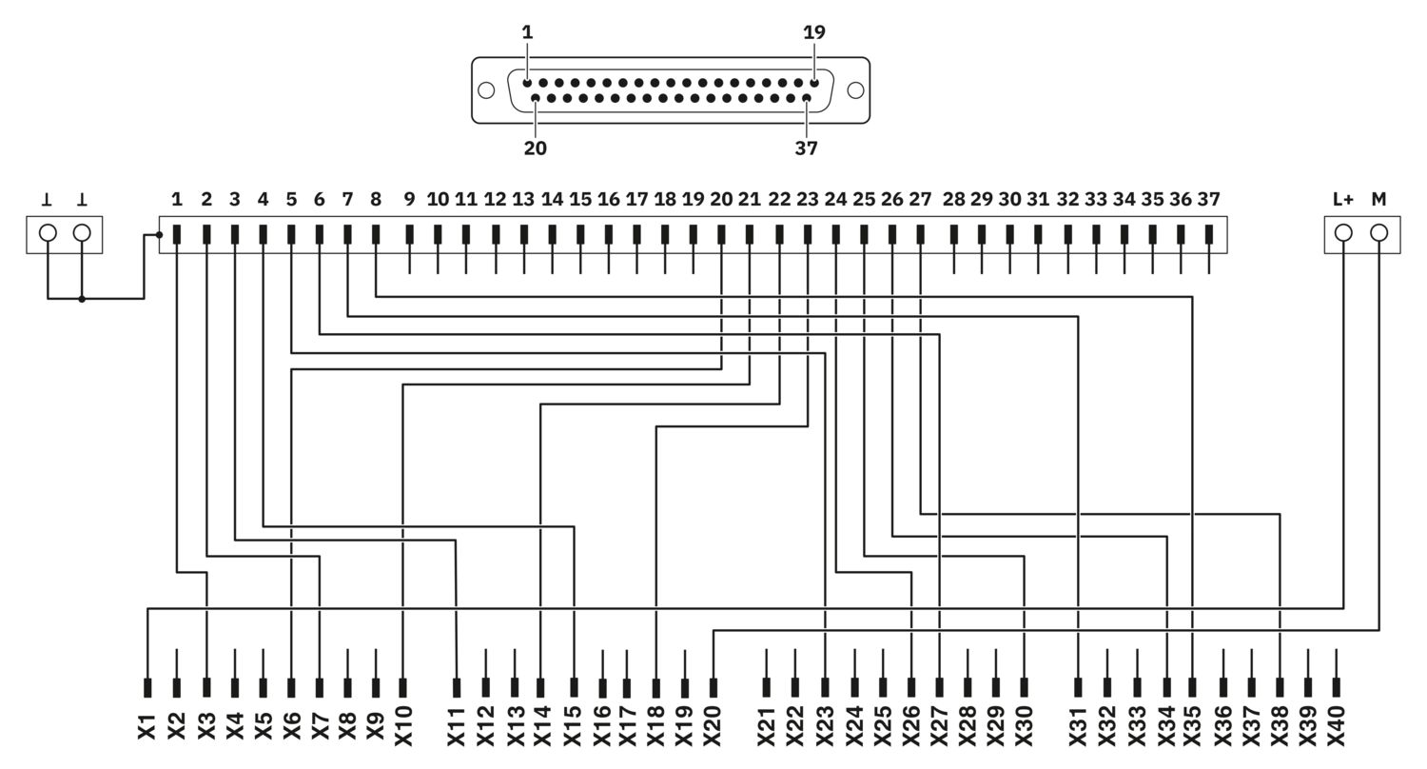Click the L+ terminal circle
1343,233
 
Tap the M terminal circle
1378,233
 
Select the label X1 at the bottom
147,727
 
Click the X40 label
1336,725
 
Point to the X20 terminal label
713,725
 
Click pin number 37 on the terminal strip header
1208,200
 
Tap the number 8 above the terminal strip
376,200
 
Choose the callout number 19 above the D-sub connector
814,31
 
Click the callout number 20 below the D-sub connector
535,148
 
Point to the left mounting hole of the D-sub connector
486,90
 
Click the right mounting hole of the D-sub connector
855,90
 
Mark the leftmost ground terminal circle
48,233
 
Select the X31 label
1078,725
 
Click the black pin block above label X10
402,688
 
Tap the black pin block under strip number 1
177,234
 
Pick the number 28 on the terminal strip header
953,200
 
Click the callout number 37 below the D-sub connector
806,148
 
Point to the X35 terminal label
1192,725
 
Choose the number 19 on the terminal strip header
694,200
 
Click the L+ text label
1343,200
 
